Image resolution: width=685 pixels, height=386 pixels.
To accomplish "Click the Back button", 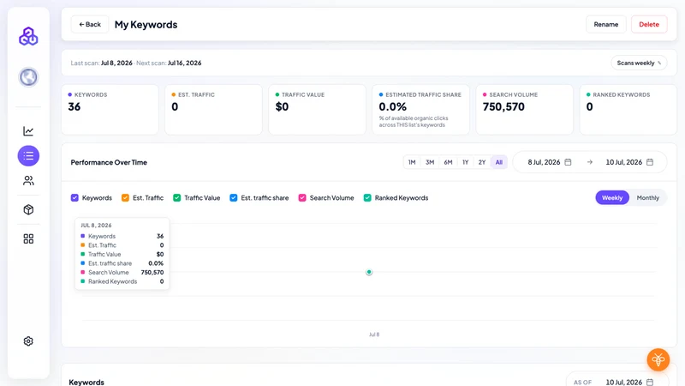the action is tap(90, 25).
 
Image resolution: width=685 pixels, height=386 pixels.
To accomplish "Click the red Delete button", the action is tap(649, 25).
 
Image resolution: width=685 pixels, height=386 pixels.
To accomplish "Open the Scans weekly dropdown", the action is tap(639, 63).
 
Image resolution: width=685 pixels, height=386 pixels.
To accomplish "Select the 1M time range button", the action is tap(412, 162).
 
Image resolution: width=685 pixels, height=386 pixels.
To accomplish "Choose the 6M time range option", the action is tap(448, 162).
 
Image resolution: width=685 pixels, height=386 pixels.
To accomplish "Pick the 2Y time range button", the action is tap(482, 162).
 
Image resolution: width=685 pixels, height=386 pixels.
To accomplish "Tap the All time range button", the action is tap(499, 162).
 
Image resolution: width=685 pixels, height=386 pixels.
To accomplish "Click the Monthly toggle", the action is tap(647, 198).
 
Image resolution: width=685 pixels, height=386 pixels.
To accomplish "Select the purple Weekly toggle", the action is tap(612, 198).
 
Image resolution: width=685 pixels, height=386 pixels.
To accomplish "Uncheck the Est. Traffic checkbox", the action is tap(125, 198).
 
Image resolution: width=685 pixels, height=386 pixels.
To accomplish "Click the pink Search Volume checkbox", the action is tap(302, 198).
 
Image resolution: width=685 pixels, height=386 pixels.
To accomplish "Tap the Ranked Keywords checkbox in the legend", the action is tap(367, 198).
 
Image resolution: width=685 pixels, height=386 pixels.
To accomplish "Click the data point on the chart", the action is tap(369, 272).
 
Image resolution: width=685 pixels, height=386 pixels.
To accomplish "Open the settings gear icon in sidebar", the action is tap(28, 341).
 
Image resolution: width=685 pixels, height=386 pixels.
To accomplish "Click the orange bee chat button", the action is tap(658, 359).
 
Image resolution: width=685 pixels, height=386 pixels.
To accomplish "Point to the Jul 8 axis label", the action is tap(374, 335).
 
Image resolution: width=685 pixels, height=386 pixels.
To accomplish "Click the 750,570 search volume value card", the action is tap(524, 110).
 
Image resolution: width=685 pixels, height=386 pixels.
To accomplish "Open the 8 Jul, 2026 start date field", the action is tap(549, 162).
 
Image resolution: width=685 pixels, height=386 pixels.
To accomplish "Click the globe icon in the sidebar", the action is tap(28, 77).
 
